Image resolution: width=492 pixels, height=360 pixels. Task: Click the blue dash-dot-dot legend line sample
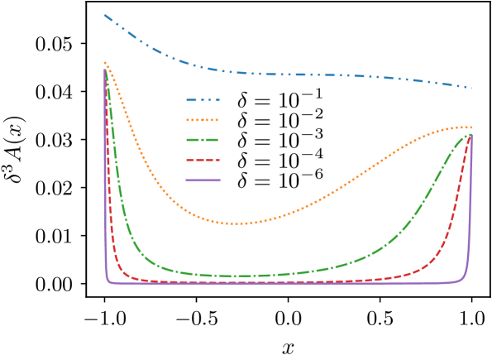click(x=203, y=100)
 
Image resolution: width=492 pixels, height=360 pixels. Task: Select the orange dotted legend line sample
click(x=203, y=120)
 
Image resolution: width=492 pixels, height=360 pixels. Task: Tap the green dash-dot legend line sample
click(x=203, y=140)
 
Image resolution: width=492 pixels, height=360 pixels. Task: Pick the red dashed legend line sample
click(x=203, y=160)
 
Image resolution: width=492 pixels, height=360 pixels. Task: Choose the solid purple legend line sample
click(x=203, y=180)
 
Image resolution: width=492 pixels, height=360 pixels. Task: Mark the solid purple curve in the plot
click(x=289, y=284)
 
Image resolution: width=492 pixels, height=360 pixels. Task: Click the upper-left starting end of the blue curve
click(x=105, y=15)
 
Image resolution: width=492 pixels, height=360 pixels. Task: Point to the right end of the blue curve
click(x=471, y=88)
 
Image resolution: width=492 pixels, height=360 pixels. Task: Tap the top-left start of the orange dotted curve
click(x=105, y=62)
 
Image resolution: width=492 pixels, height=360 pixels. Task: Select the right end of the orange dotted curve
click(x=471, y=127)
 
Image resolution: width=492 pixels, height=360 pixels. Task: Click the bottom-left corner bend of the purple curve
click(x=108, y=281)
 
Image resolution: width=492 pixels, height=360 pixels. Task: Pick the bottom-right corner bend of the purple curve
click(x=466, y=279)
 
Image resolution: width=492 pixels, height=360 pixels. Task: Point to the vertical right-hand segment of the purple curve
click(x=471, y=207)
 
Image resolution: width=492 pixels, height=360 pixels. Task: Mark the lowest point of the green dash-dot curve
click(x=236, y=276)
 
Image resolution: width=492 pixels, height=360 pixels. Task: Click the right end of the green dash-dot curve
click(x=471, y=134)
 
